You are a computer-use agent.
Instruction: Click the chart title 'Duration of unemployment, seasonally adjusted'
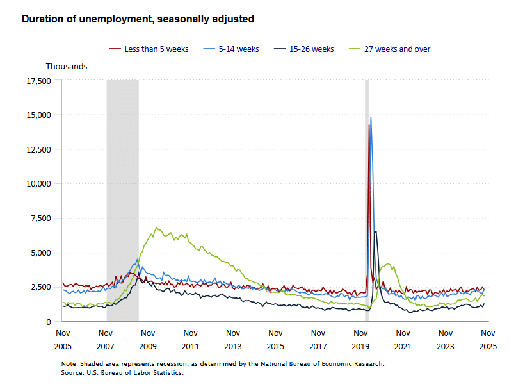point(138,19)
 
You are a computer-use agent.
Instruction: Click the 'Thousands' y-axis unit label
point(67,66)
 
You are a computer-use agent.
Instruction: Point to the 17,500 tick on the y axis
point(38,81)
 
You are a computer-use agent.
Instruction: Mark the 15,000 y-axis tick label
point(38,115)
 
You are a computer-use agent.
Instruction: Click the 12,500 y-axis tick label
point(38,149)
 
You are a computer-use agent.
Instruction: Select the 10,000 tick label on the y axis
point(38,184)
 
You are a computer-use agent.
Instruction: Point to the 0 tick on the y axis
point(48,321)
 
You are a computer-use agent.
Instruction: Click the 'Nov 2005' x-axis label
point(63,340)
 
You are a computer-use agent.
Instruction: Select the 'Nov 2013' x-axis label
point(233,340)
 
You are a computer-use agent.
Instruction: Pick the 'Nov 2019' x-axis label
point(360,340)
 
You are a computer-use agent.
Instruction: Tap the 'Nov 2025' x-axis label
point(488,340)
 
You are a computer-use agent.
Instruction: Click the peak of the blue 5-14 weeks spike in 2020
point(371,118)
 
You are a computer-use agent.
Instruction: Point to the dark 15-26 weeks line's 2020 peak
point(375,231)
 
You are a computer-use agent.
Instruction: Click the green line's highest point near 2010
point(156,228)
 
